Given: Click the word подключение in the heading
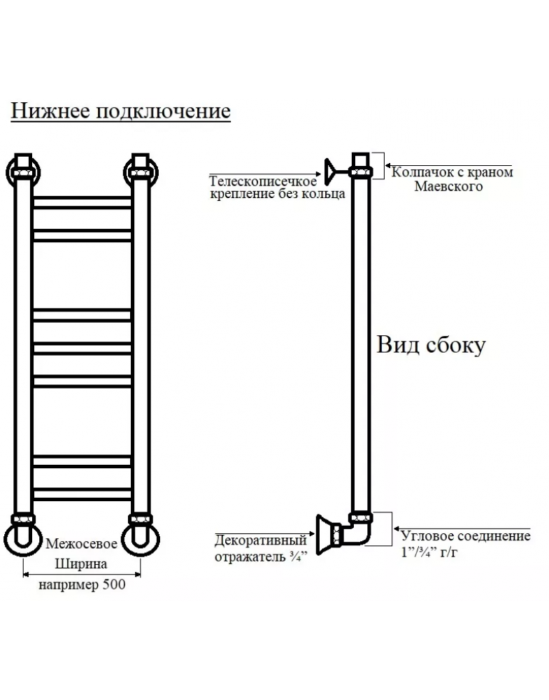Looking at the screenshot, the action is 164,111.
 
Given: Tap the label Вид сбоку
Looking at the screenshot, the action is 431,344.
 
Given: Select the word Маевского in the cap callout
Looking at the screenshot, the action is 448,186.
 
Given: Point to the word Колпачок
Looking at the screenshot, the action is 418,172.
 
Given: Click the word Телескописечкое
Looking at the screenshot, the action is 263,181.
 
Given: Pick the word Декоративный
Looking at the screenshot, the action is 261,540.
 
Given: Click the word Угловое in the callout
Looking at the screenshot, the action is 427,535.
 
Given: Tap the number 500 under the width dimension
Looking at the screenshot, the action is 114,584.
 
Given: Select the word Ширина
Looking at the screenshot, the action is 81,563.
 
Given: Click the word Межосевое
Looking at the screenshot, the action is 81,543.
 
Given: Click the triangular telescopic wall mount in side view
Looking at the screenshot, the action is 331,171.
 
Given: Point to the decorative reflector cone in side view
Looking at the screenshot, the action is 325,534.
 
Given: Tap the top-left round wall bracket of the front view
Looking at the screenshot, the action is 23,171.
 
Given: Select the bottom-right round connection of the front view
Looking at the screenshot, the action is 141,539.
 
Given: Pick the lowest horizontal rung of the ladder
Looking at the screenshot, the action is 83,494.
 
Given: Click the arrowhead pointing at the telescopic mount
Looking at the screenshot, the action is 318,174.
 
